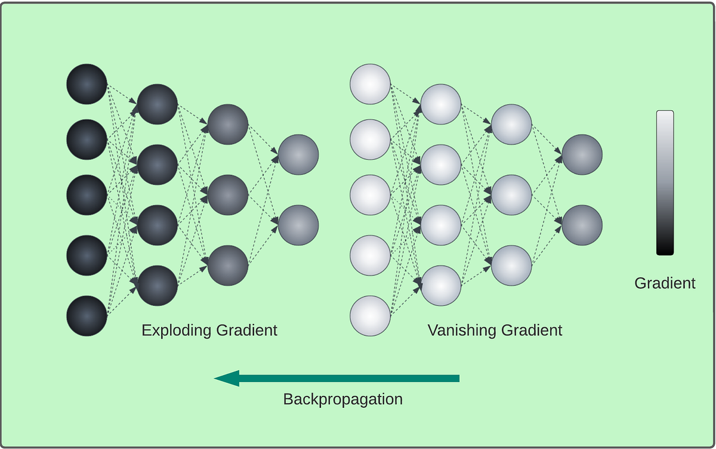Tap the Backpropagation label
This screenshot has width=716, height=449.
[x=342, y=400]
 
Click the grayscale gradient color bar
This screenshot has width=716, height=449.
[x=665, y=182]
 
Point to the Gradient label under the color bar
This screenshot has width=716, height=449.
[x=665, y=283]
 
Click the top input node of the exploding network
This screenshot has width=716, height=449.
[x=87, y=83]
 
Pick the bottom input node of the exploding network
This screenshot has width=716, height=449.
[x=87, y=315]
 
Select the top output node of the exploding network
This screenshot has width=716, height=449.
[x=298, y=154]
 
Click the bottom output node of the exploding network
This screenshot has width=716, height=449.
[x=298, y=225]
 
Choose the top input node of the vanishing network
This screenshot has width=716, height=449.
[x=370, y=83]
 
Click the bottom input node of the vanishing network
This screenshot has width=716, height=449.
[x=370, y=315]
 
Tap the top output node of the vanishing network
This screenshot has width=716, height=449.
[x=582, y=154]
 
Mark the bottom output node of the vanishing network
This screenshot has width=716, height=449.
[x=582, y=225]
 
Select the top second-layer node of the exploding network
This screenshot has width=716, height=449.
[x=158, y=104]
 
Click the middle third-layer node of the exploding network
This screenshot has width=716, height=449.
[x=228, y=195]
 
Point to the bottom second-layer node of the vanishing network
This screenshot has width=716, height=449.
[x=441, y=286]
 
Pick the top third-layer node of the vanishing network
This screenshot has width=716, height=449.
[x=511, y=124]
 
